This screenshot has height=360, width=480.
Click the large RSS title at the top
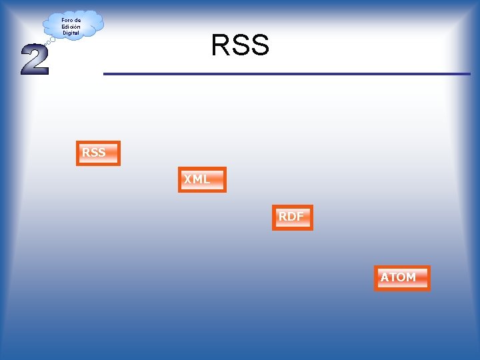[x=240, y=45]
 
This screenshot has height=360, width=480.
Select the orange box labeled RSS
[x=98, y=153]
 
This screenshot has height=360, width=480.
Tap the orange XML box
[x=202, y=179]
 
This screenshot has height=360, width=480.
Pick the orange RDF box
[x=292, y=217]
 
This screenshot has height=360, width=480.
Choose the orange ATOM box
[x=402, y=278]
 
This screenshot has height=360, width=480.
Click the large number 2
[x=35, y=59]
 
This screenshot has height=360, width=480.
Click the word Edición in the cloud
[x=71, y=27]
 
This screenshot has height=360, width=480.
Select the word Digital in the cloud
[x=71, y=33]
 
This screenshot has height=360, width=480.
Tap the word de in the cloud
[x=77, y=21]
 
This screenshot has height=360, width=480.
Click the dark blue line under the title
[x=287, y=73]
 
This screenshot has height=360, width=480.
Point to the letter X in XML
[x=189, y=179]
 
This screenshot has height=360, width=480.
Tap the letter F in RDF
[x=300, y=217]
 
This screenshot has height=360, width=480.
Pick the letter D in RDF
[x=291, y=217]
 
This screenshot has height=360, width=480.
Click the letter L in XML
[x=207, y=179]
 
